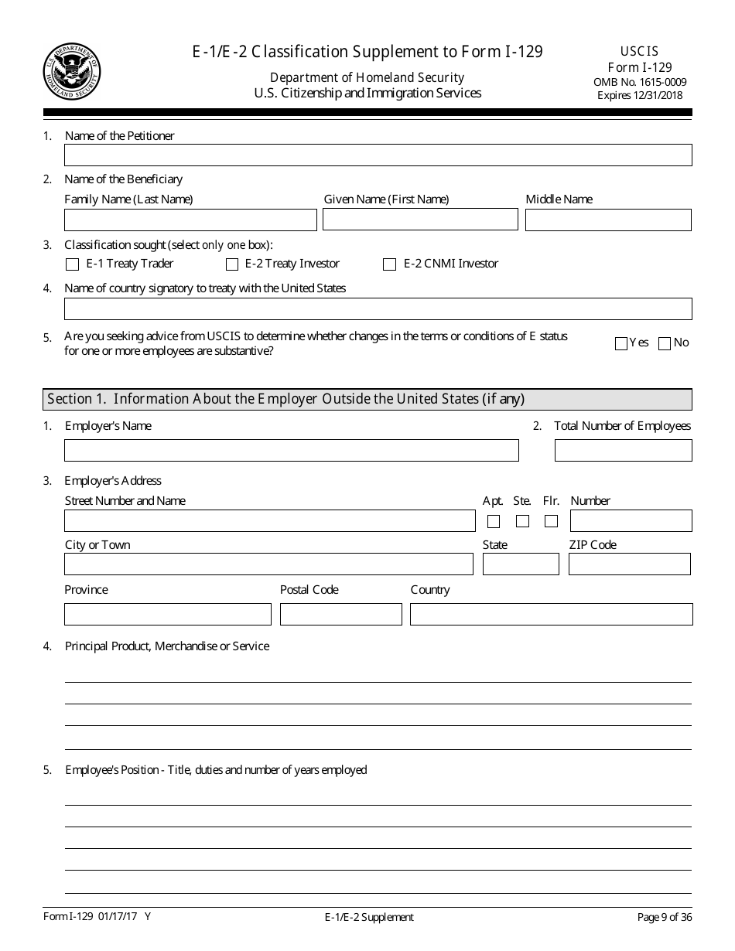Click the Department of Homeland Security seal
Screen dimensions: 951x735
(72, 72)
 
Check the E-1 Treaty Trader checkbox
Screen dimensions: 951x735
(73, 264)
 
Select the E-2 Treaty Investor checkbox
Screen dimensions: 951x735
(232, 264)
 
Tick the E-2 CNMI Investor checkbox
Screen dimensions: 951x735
(390, 264)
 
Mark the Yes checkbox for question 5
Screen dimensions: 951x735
(620, 344)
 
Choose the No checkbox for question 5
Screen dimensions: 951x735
(664, 344)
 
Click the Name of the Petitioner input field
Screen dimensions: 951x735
(378, 155)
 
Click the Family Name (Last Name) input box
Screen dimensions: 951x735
(190, 220)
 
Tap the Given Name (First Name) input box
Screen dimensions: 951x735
(420, 220)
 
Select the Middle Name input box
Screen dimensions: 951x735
(608, 220)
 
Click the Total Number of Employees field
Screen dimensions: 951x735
(623, 451)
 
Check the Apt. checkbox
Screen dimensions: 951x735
(494, 521)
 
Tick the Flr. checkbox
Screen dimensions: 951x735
(551, 521)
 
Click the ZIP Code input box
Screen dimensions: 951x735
(629, 564)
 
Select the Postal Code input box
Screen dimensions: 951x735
(340, 615)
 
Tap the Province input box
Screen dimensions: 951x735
(168, 615)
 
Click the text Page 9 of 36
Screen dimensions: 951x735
(664, 918)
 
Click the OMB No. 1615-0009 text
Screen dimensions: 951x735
(640, 82)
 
